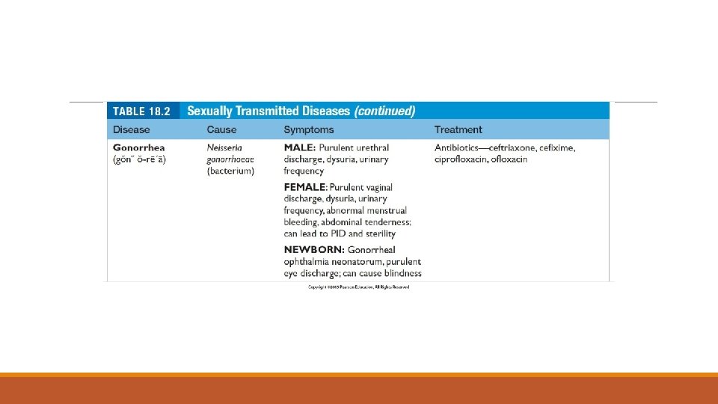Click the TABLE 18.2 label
click(141, 111)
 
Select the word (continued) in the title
click(384, 111)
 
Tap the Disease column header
click(132, 130)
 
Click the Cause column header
click(222, 130)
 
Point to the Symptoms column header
click(309, 130)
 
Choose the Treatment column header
click(458, 130)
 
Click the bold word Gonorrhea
click(139, 148)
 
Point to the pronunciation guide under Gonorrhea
click(140, 159)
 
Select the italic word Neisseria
click(224, 148)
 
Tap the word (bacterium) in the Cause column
click(230, 171)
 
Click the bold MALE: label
click(300, 148)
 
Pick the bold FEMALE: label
click(306, 187)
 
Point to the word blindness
click(401, 273)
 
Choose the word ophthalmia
click(306, 261)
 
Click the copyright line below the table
click(358, 287)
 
